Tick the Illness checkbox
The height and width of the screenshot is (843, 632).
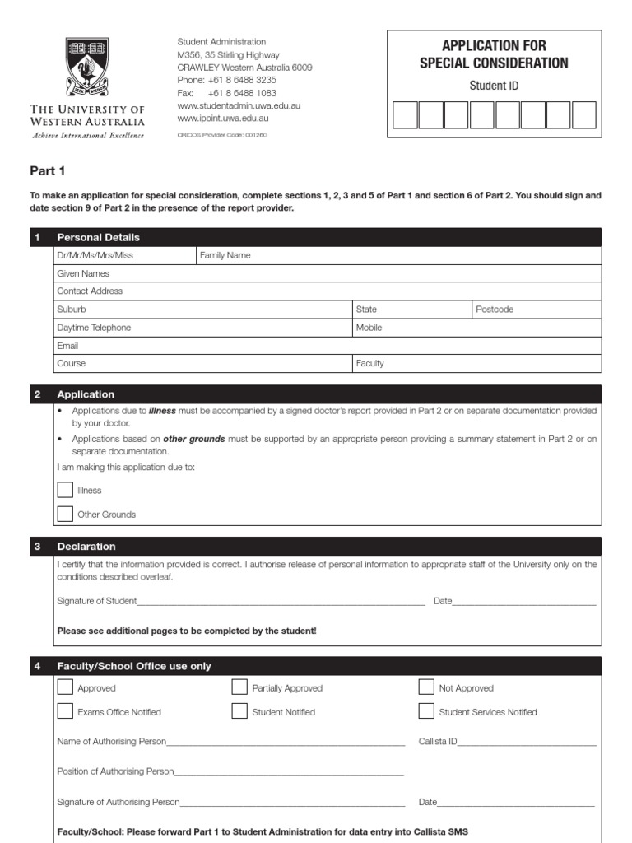(x=65, y=490)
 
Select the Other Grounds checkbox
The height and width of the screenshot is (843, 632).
(x=65, y=515)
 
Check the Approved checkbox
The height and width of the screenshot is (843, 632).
(x=65, y=687)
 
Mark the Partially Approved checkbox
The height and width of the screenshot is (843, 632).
(x=239, y=687)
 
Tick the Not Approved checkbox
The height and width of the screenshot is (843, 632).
(x=426, y=687)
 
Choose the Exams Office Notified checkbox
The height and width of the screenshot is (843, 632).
(x=65, y=711)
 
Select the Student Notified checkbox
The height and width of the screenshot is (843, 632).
(x=239, y=711)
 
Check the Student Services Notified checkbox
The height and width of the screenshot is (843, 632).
(x=426, y=711)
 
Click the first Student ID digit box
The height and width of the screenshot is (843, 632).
(x=405, y=115)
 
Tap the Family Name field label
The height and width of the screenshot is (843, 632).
(x=225, y=255)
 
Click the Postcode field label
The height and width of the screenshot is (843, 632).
(x=495, y=310)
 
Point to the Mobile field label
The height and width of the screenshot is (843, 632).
(x=369, y=328)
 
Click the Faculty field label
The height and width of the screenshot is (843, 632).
(x=369, y=363)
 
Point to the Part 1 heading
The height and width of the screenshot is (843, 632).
(x=47, y=172)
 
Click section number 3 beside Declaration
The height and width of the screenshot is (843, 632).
(x=38, y=547)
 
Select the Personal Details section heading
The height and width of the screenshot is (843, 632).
(x=98, y=237)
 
